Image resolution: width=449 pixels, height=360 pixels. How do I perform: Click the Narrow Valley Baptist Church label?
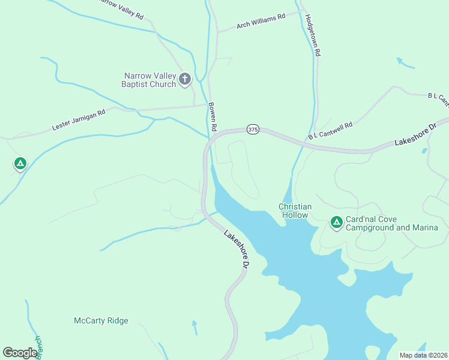tap(150, 80)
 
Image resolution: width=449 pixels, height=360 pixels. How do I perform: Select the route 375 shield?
tap(253, 130)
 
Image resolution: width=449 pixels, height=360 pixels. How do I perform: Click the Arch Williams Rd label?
tap(261, 22)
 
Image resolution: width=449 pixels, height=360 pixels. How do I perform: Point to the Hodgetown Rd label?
tap(312, 36)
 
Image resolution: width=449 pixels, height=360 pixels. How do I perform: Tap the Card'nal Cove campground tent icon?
tap(337, 223)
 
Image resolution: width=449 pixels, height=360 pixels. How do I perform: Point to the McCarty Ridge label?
tap(101, 321)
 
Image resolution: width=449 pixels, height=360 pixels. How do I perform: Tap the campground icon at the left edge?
tap(20, 163)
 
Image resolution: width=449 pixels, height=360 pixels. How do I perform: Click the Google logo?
tap(20, 353)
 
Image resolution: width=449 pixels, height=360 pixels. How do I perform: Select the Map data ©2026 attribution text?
tap(423, 355)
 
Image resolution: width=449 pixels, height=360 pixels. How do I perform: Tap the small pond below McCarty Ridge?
tap(194, 328)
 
